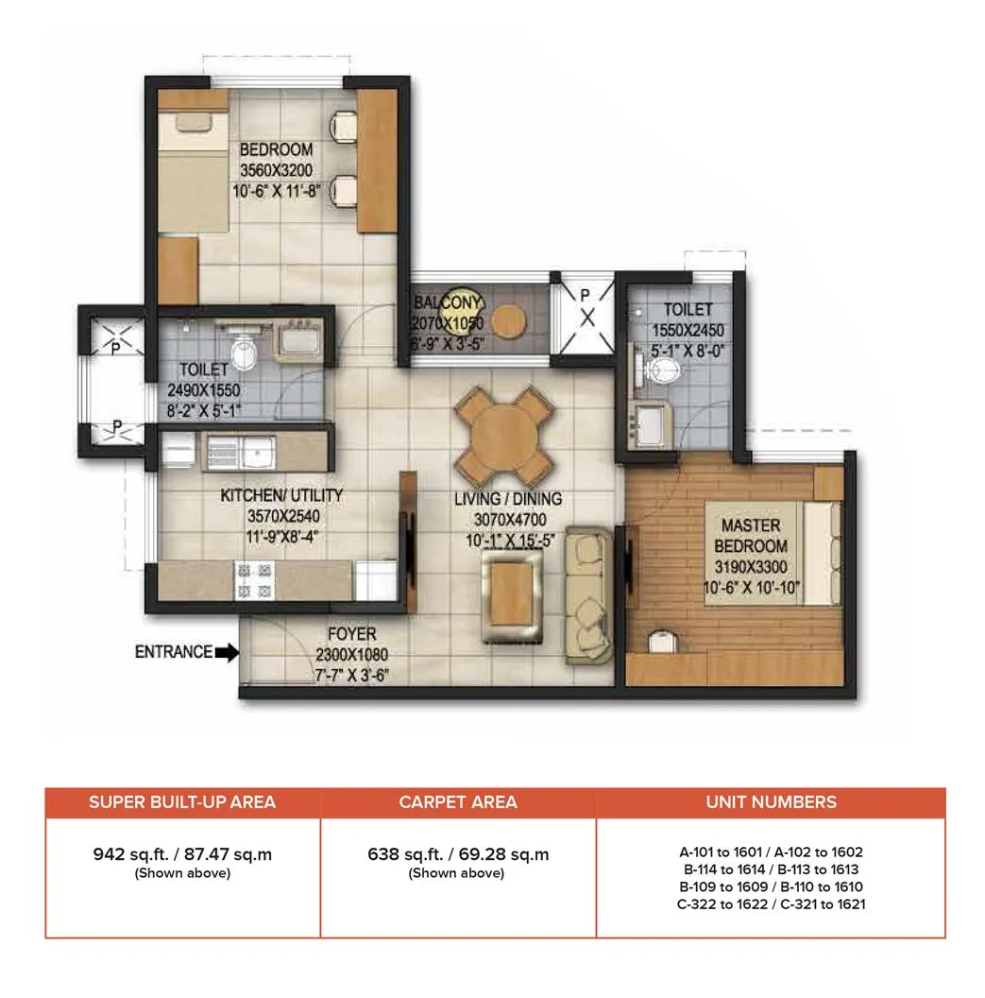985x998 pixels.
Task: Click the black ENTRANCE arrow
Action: [228, 652]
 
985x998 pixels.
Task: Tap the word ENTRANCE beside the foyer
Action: [174, 652]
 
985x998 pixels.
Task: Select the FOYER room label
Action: [352, 634]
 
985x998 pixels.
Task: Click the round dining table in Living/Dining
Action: [503, 436]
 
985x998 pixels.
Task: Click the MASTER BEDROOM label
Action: [752, 535]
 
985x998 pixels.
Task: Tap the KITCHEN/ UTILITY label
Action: [281, 495]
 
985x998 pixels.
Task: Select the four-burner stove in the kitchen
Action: [247, 578]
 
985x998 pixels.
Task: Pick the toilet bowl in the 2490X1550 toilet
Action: [244, 354]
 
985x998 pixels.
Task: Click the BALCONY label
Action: [449, 303]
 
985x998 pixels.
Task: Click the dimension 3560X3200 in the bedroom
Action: [276, 170]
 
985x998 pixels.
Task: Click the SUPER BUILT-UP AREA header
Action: [182, 802]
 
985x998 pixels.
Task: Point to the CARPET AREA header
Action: [458, 802]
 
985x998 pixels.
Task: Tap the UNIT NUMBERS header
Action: [771, 802]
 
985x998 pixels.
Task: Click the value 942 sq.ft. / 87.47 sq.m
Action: [182, 854]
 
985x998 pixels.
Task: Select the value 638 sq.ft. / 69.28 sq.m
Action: [458, 854]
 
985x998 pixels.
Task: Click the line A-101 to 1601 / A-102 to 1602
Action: [771, 852]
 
